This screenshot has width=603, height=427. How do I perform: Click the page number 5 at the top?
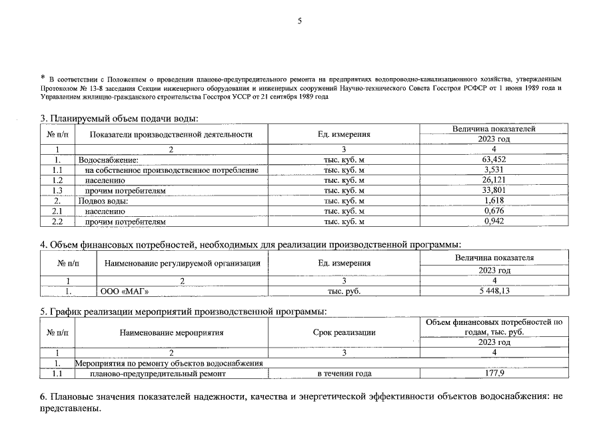(300, 21)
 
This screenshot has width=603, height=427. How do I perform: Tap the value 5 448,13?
(494, 292)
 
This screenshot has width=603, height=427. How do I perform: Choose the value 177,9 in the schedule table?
(494, 374)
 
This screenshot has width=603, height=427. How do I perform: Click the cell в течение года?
(344, 374)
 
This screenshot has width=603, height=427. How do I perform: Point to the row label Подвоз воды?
(103, 201)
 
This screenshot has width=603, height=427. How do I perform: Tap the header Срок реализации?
(344, 332)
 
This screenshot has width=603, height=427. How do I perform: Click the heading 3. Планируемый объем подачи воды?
(120, 119)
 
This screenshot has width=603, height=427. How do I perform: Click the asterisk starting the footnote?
(42, 77)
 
